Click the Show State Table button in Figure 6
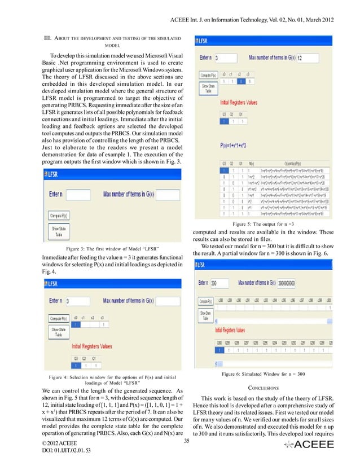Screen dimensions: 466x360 click(205, 315)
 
